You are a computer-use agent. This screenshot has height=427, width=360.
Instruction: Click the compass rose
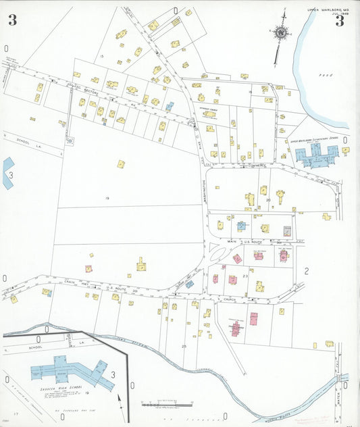(280, 32)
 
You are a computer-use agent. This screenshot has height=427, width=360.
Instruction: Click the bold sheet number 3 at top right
(340, 21)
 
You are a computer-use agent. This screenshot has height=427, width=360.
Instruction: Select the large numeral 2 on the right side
(306, 272)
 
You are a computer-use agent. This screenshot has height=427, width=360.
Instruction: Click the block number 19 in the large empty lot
(107, 198)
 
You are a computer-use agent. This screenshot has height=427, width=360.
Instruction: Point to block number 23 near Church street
(245, 276)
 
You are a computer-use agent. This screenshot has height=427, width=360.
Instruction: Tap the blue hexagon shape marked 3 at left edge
(7, 174)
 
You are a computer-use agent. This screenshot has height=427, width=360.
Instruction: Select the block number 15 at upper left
(101, 56)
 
